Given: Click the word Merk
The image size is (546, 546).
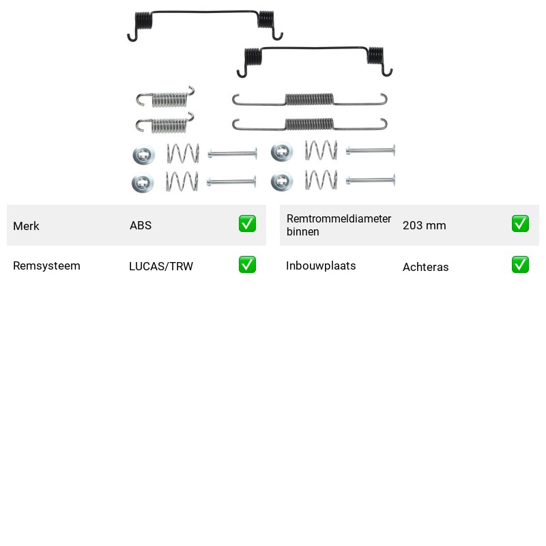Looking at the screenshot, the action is coord(26,226).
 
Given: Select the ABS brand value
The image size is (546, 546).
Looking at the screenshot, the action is coord(141,225).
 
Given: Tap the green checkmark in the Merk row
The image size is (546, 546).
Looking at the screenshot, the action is coord(247,224).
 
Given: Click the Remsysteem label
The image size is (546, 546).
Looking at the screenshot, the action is coord(46,265).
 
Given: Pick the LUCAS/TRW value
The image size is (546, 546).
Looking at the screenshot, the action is coord(161,266).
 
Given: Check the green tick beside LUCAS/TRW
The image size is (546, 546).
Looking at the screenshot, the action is coord(247,265).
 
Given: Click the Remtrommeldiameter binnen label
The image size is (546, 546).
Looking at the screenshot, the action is coord(339,225).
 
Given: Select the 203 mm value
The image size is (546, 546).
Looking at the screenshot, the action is coord(424,225).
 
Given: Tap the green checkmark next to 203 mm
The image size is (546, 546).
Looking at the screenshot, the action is coord(520,224).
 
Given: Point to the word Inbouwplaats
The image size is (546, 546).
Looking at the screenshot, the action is coord(321,265).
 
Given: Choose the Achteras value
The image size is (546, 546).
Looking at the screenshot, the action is coord(425,267).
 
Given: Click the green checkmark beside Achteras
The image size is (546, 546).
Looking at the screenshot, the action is coord(520,265).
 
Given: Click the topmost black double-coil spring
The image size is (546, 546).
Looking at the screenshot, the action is coord(205,12).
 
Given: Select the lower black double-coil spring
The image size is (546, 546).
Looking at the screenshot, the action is coord(315,48).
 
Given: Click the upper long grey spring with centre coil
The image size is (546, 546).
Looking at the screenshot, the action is coord(309,99).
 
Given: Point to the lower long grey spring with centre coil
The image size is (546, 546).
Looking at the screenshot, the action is coord(309,124).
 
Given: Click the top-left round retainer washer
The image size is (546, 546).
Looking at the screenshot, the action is coord(144,154).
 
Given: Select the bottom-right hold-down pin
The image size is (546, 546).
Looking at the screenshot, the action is coord(371,180).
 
